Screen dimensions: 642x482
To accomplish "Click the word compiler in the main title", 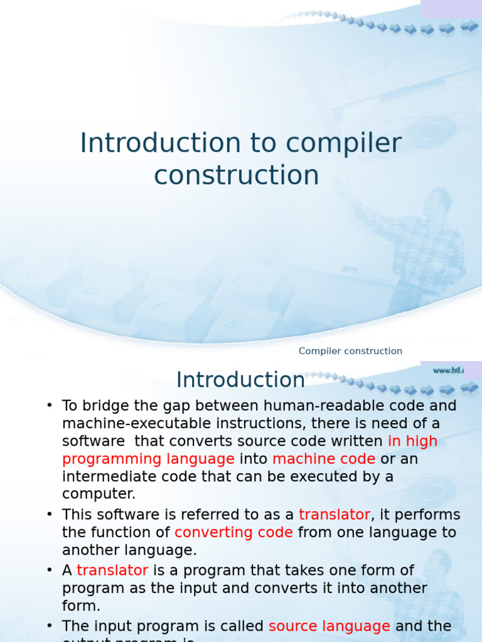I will point(344,144).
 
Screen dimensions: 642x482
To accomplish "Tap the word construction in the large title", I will point(237,175).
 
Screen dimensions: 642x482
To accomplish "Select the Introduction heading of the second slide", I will point(240,380).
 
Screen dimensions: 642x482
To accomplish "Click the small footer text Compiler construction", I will point(350,351).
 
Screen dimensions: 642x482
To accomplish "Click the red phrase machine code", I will point(324,459).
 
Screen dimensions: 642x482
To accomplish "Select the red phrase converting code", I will point(233,532).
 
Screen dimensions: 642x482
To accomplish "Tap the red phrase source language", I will point(329,626).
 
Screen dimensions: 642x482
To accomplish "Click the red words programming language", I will point(148,459).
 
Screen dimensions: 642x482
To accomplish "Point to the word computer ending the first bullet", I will point(99,494).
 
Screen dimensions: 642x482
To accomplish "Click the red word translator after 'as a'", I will point(335,515).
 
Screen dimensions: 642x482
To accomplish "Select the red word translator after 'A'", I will point(112,570).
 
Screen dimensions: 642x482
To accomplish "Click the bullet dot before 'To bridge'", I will point(50,406).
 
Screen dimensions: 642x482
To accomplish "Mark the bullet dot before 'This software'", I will point(50,515).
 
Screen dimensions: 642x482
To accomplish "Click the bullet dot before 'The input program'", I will point(50,626).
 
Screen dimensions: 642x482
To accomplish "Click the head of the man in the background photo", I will point(437,203).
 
